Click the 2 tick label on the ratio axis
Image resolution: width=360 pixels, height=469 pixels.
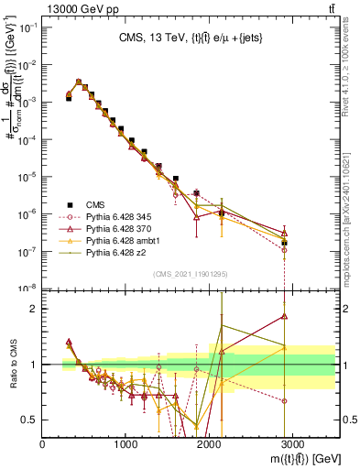35,309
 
